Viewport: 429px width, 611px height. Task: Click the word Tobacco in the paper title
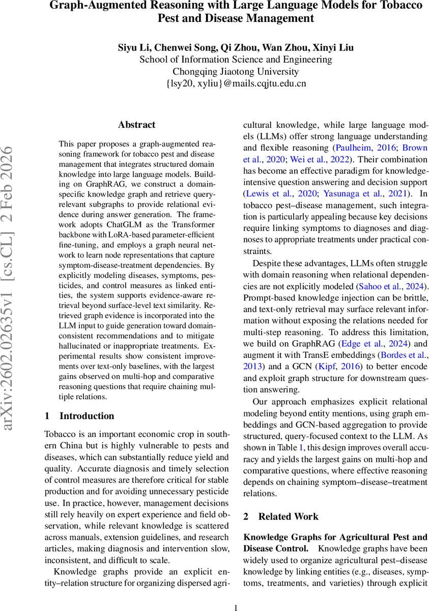pyautogui.click(x=392, y=6)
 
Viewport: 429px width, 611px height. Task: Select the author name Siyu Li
pyautogui.click(x=133, y=48)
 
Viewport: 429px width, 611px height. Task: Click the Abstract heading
pyautogui.click(x=136, y=125)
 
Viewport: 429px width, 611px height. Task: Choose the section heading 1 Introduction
pyautogui.click(x=80, y=416)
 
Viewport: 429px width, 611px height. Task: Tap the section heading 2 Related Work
pyautogui.click(x=281, y=516)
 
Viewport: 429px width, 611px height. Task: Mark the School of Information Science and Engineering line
pyautogui.click(x=236, y=60)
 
